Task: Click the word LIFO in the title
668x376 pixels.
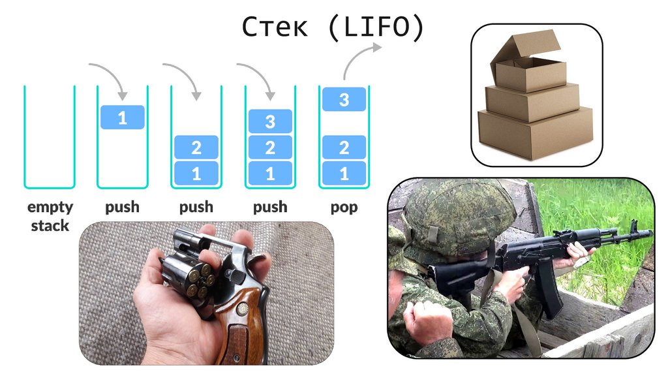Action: coord(376,27)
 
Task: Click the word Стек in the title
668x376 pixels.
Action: coord(275,27)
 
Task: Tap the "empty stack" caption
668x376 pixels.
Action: coord(50,216)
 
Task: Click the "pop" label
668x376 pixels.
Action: coord(344,207)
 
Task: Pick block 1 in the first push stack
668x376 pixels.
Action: coord(122,117)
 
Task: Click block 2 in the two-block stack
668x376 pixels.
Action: coord(196,148)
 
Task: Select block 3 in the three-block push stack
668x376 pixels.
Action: coord(270,121)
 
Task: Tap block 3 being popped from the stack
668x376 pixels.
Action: coord(344,99)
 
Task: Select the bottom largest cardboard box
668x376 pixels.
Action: coord(535,131)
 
